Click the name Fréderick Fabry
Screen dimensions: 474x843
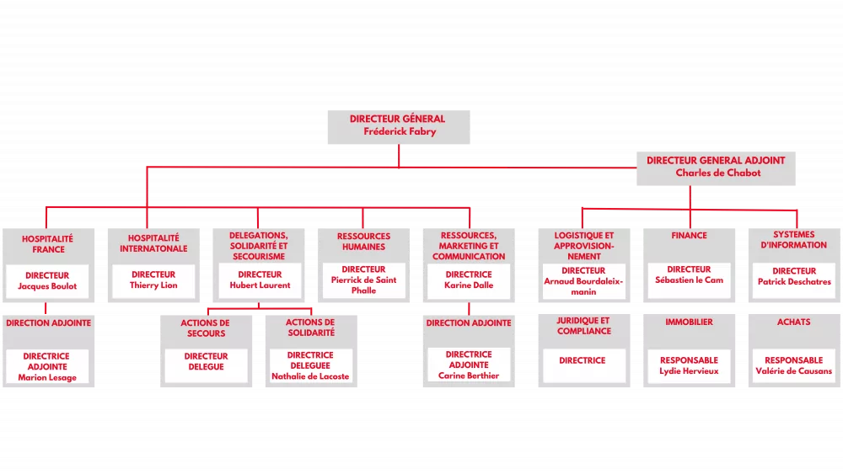(400, 131)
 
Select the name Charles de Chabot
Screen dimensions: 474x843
(717, 173)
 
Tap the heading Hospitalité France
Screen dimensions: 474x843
(48, 244)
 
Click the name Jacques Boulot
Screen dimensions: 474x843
(47, 286)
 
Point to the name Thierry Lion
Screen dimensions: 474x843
(153, 285)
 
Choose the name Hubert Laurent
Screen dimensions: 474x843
(260, 285)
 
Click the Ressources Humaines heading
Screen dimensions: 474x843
(364, 242)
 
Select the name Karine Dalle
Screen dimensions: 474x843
(468, 285)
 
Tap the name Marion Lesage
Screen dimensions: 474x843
(47, 377)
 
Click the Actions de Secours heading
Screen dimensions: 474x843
(206, 328)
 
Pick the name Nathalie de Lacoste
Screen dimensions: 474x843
(310, 376)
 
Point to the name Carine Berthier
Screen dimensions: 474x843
(468, 375)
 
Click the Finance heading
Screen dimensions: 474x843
(689, 236)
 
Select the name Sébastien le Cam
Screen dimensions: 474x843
(689, 280)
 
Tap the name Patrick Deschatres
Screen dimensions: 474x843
(794, 282)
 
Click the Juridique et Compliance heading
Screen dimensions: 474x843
(583, 326)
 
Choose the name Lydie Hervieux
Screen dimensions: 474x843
(689, 371)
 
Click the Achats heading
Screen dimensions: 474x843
(794, 322)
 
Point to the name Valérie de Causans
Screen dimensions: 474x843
(794, 371)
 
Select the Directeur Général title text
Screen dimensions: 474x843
(397, 119)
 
